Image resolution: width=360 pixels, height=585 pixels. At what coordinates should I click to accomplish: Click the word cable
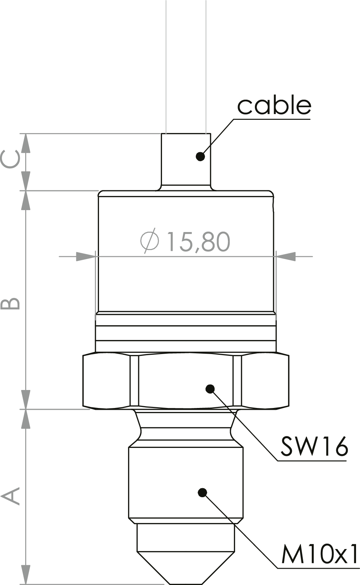pos(274,105)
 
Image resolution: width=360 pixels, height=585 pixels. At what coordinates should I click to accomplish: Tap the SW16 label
pos(314,446)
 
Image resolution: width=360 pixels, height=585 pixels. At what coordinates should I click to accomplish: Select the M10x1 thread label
pos(320,554)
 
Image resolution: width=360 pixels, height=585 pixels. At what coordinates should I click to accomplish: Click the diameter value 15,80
pos(198,242)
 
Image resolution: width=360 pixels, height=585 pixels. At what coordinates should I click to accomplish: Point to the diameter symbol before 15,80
pos(149,240)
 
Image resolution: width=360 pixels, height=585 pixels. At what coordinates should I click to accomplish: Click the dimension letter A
pos(10,496)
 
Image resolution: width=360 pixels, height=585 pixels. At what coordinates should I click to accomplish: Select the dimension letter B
pos(10,303)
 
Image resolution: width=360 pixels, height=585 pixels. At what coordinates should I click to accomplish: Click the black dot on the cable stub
pos(200,156)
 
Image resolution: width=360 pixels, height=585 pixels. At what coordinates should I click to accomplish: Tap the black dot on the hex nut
pos(210,389)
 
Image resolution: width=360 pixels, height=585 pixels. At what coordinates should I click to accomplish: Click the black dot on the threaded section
pos(203,493)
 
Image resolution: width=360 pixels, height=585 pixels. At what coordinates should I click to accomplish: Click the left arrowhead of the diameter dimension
pos(86,257)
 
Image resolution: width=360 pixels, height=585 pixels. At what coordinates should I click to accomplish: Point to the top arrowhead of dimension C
pos(25,143)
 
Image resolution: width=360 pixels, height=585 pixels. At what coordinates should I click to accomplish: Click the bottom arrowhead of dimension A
pos(25,575)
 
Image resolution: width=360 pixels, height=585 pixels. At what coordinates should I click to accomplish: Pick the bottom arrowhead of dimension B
pos(25,399)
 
